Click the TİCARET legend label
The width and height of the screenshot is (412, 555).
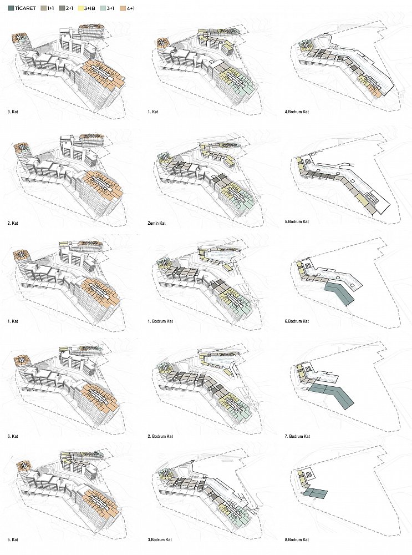[x=26, y=8]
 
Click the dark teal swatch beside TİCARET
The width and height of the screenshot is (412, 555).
[x=10, y=8]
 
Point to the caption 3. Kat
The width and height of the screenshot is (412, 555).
[x=12, y=112]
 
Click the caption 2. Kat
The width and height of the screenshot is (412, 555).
[x=12, y=223]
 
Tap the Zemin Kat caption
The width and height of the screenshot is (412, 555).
[x=157, y=223]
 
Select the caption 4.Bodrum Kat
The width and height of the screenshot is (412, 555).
[x=297, y=112]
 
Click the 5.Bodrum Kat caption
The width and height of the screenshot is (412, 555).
[x=297, y=221]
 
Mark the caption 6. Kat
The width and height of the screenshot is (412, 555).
[x=12, y=436]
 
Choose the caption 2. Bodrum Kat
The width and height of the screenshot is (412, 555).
[x=160, y=436]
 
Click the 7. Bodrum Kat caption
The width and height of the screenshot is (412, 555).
[x=297, y=436]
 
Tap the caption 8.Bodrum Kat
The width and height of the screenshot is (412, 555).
[x=297, y=540]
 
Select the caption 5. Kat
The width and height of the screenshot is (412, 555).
[x=12, y=540]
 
